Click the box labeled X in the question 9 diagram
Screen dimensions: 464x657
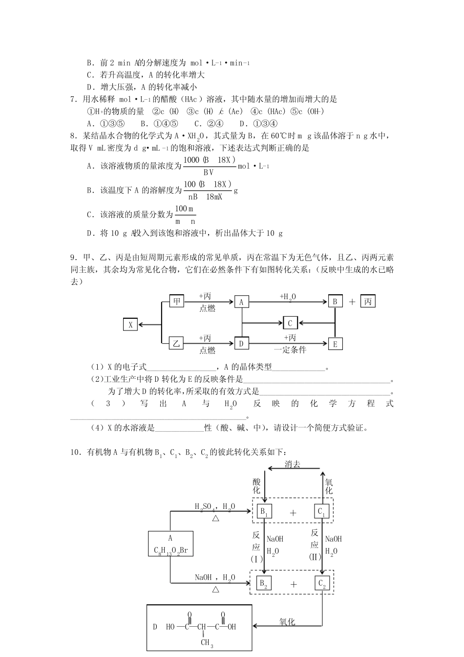click(x=130, y=324)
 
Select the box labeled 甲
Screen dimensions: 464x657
click(x=176, y=302)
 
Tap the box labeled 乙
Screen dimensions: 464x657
click(x=176, y=344)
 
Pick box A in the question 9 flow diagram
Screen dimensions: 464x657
click(x=241, y=302)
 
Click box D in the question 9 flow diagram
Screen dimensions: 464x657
click(x=241, y=344)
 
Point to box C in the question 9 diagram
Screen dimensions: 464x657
click(x=290, y=323)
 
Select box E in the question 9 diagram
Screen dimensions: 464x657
click(x=335, y=344)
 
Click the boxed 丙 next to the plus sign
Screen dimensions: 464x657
click(x=368, y=302)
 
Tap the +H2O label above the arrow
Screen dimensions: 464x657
click(x=288, y=296)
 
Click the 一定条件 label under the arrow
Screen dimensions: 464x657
click(x=290, y=350)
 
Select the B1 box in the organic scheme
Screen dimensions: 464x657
click(x=264, y=512)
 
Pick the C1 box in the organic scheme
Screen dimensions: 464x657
click(x=322, y=512)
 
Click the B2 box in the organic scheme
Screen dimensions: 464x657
click(x=264, y=583)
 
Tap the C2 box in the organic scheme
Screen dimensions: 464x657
click(x=322, y=583)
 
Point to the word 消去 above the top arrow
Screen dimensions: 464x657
click(x=293, y=464)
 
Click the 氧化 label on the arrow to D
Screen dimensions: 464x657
click(x=287, y=622)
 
